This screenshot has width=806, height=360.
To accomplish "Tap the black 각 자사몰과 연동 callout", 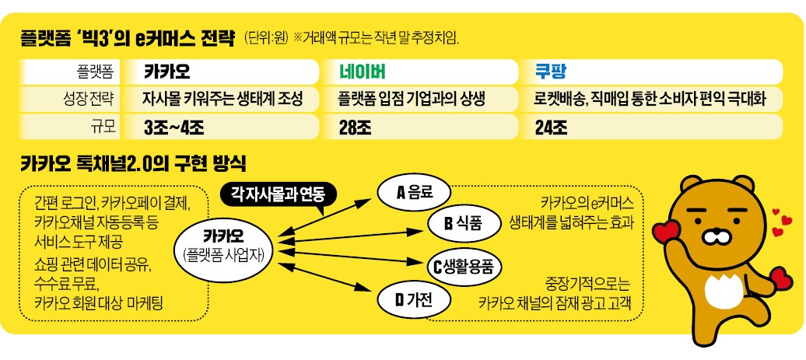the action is (x=278, y=193).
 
